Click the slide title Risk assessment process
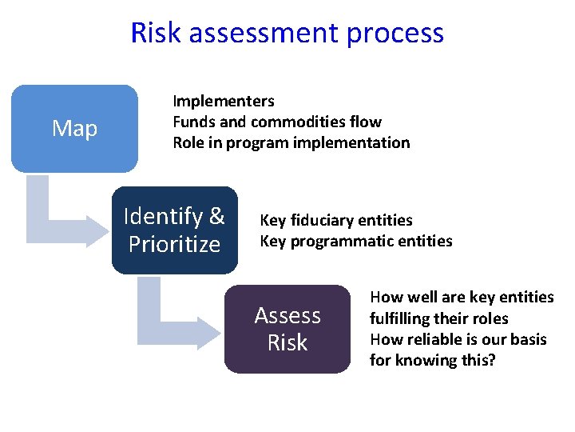(x=287, y=33)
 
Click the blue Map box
(x=74, y=128)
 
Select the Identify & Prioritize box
(x=174, y=230)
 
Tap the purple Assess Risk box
(x=287, y=329)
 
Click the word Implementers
(x=224, y=101)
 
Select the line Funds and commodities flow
(x=277, y=122)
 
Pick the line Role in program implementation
(x=291, y=143)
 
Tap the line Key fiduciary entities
(x=336, y=220)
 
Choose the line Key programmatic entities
(x=356, y=241)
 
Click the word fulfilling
(x=402, y=318)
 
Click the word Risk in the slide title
(x=157, y=33)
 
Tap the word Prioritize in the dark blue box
(x=174, y=244)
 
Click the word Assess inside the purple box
(x=287, y=315)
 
